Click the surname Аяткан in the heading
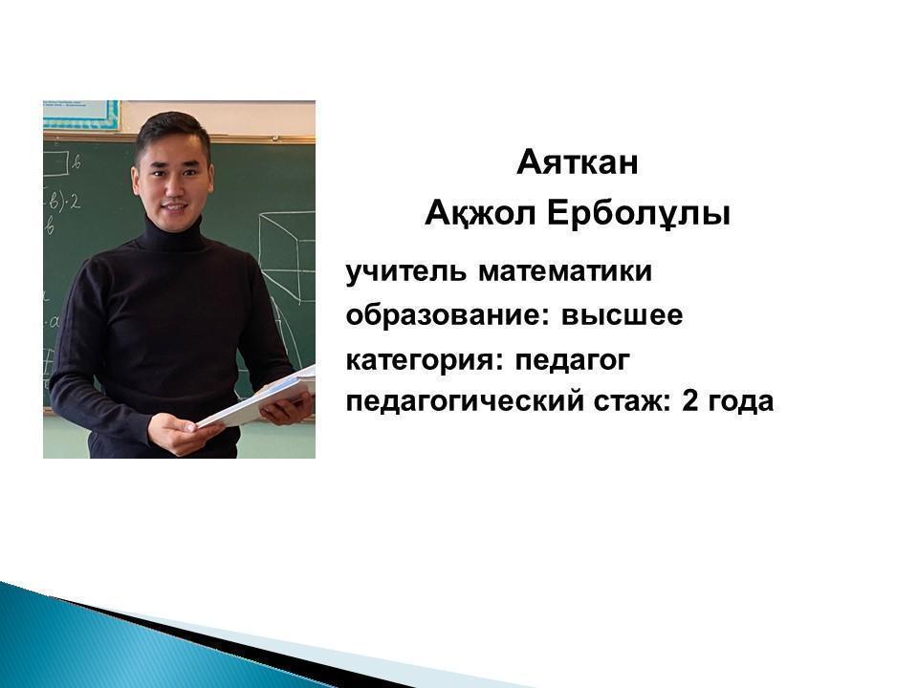pyautogui.click(x=578, y=162)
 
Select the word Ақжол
pyautogui.click(x=480, y=213)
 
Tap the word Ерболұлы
pyautogui.click(x=639, y=214)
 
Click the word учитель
pyautogui.click(x=406, y=271)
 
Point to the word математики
pyautogui.click(x=565, y=272)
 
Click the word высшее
pyautogui.click(x=622, y=315)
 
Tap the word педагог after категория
pyautogui.click(x=572, y=360)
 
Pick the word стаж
pyautogui.click(x=632, y=401)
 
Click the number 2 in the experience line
pyautogui.click(x=689, y=400)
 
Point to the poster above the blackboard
pyautogui.click(x=80, y=115)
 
